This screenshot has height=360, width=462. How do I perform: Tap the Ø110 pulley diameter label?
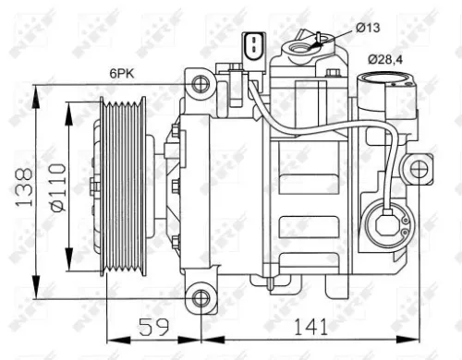click(x=56, y=186)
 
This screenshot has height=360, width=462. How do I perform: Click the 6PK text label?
click(x=121, y=70)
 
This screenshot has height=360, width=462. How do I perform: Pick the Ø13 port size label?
click(x=367, y=28)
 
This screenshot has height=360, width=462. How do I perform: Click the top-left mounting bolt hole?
click(x=200, y=85)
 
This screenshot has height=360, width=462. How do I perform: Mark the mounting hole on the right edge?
click(x=420, y=170)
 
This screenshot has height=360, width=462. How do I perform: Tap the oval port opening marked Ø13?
click(x=303, y=41)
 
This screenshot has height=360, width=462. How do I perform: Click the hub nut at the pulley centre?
click(x=94, y=186)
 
